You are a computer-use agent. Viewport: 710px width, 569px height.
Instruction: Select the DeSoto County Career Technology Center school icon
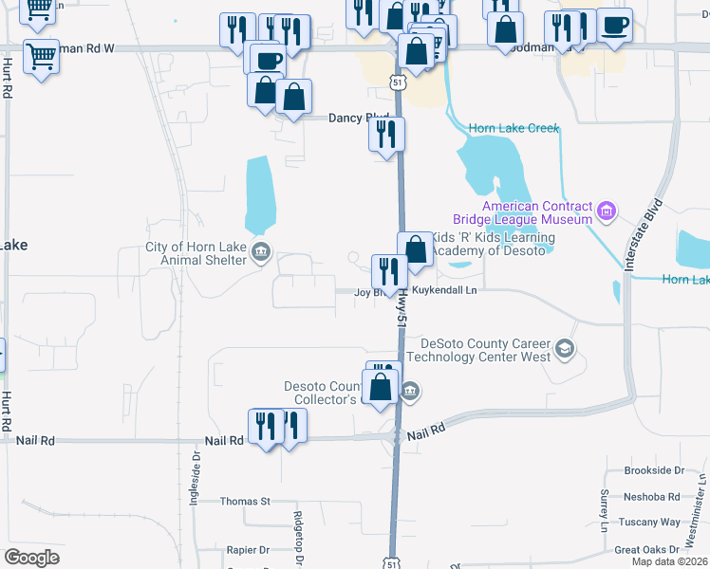[566, 350]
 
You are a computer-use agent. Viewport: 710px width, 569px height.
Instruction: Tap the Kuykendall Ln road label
[440, 291]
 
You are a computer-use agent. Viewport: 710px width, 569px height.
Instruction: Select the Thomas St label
[245, 501]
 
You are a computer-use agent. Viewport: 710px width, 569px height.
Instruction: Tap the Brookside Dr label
[653, 470]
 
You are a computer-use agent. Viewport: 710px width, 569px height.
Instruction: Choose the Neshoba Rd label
[653, 496]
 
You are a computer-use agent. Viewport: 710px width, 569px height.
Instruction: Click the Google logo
[32, 557]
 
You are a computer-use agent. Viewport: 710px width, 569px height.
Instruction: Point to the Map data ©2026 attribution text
[669, 561]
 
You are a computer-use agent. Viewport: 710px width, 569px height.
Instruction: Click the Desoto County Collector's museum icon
[409, 390]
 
